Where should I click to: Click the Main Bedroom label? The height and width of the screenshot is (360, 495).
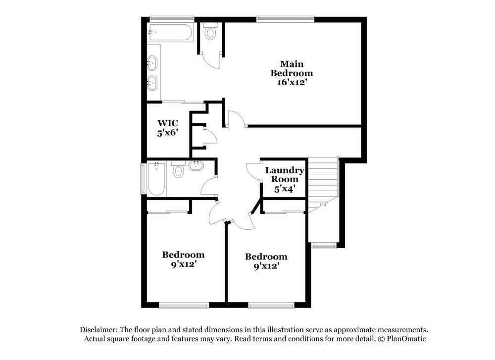(x=292, y=68)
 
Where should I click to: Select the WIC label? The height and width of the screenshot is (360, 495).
(x=168, y=123)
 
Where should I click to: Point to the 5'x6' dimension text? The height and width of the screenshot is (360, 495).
(x=168, y=133)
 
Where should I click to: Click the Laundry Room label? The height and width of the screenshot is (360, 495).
(x=285, y=174)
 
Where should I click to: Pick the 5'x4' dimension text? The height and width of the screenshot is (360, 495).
(x=285, y=189)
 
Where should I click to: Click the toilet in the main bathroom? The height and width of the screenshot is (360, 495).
(x=211, y=33)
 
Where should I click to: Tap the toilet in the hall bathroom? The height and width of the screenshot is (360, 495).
(x=178, y=171)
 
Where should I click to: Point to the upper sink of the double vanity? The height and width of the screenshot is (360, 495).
(x=152, y=63)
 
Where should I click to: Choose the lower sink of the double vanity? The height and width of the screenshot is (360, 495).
(x=152, y=83)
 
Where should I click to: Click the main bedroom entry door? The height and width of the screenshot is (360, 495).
(x=236, y=119)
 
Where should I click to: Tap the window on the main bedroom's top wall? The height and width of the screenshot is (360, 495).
(x=285, y=19)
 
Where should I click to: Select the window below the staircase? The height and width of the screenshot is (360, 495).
(x=323, y=245)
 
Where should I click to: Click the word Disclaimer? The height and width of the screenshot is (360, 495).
(x=98, y=330)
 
